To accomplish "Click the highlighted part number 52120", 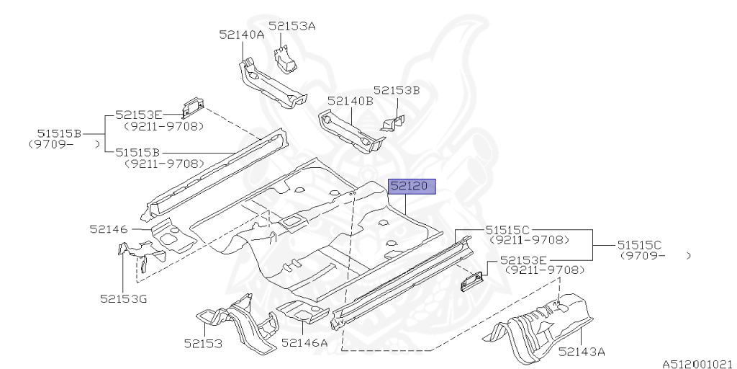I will coord(412,187).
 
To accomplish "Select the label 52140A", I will coord(242,34).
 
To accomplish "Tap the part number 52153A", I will coord(292,27).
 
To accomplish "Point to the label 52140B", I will coord(350,101).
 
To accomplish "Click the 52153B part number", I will coord(396,90).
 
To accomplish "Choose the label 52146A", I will coord(304,342).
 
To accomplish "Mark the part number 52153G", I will coord(123,298).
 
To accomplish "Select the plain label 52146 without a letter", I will coord(109,229).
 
